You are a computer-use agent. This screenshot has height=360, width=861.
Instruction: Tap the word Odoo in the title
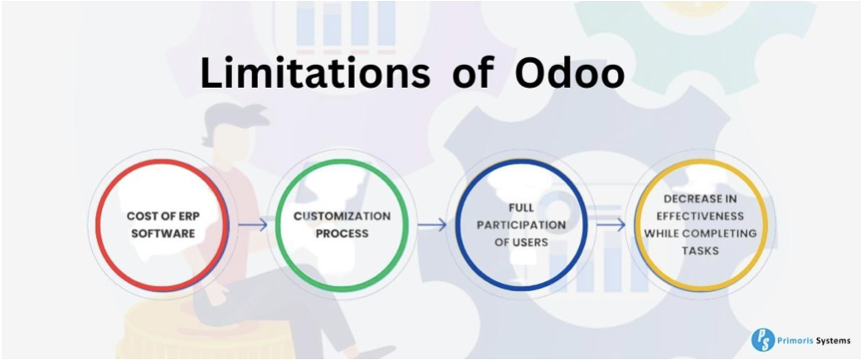coord(570,75)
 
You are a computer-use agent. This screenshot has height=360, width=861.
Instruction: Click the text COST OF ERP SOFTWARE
coord(162,224)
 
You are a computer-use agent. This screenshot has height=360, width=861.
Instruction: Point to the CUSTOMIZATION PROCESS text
coord(342,224)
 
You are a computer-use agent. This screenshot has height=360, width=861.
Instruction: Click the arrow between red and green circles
coord(253,225)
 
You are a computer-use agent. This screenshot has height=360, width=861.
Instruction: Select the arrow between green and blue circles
coord(432,225)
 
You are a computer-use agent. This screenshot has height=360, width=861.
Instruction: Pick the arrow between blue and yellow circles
coord(610,225)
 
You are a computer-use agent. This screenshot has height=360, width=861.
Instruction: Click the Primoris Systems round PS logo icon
coord(762,339)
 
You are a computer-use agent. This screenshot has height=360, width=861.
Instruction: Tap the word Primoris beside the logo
coord(796,340)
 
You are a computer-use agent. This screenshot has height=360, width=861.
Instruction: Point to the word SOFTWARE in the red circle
coord(162,233)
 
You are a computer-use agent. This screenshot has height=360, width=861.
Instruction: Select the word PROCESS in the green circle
coord(342,233)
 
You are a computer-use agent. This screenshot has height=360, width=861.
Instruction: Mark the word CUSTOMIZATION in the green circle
coord(342,216)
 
